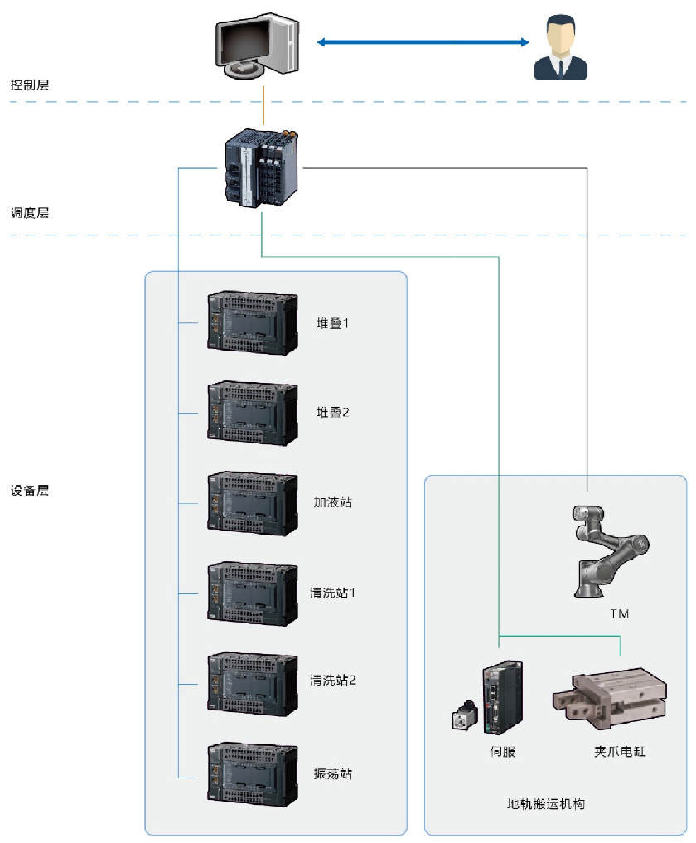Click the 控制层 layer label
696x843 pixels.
(x=30, y=85)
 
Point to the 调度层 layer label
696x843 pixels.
(x=30, y=213)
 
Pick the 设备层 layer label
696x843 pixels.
(x=30, y=490)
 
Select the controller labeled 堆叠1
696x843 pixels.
(x=252, y=322)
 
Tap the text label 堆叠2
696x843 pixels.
(x=333, y=412)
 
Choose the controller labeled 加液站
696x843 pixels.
(x=252, y=502)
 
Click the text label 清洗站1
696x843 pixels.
(x=333, y=593)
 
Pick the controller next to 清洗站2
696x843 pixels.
(x=252, y=682)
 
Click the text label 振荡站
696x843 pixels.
(x=333, y=773)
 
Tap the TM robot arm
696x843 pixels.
(x=610, y=548)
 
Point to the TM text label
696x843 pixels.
(x=619, y=614)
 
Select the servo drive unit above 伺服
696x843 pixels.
(x=503, y=697)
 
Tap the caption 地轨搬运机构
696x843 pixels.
(x=546, y=804)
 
